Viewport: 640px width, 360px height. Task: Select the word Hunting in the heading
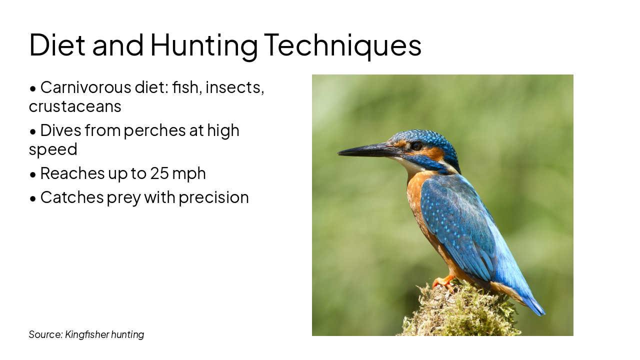(x=203, y=45)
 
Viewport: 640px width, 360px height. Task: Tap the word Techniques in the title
(x=342, y=45)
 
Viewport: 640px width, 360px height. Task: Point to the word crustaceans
(x=75, y=106)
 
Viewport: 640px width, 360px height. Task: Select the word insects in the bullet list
(x=234, y=87)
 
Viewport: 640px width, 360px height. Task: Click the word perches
(x=147, y=130)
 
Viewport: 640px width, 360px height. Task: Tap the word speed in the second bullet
(x=53, y=149)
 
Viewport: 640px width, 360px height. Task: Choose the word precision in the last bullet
(x=213, y=197)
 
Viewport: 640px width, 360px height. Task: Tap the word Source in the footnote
(x=45, y=334)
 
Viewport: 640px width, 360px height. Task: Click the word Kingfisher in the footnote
(x=86, y=334)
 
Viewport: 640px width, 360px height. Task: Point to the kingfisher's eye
(x=416, y=146)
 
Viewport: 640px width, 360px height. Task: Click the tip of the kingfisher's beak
(x=339, y=152)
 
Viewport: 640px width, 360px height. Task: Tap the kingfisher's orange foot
(x=443, y=282)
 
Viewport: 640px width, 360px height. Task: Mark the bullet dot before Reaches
(x=33, y=174)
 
